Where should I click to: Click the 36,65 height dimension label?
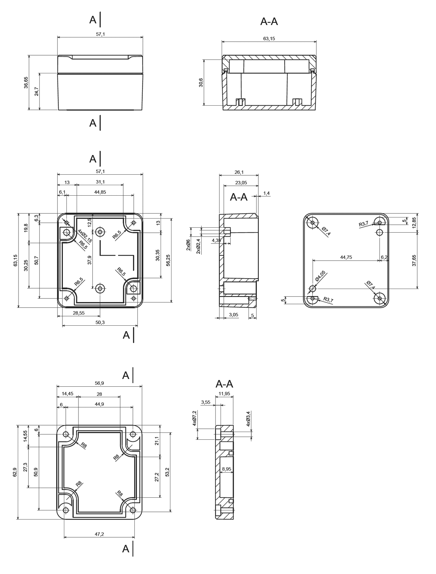26,82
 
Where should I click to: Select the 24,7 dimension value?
36,91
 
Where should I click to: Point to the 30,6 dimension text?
201,82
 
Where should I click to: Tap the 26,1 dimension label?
239,172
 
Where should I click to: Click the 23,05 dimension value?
241,183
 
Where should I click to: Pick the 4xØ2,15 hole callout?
85,236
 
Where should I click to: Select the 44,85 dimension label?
100,192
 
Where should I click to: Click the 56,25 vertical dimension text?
168,260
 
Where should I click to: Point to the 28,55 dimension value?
78,313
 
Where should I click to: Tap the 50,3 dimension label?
100,322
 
